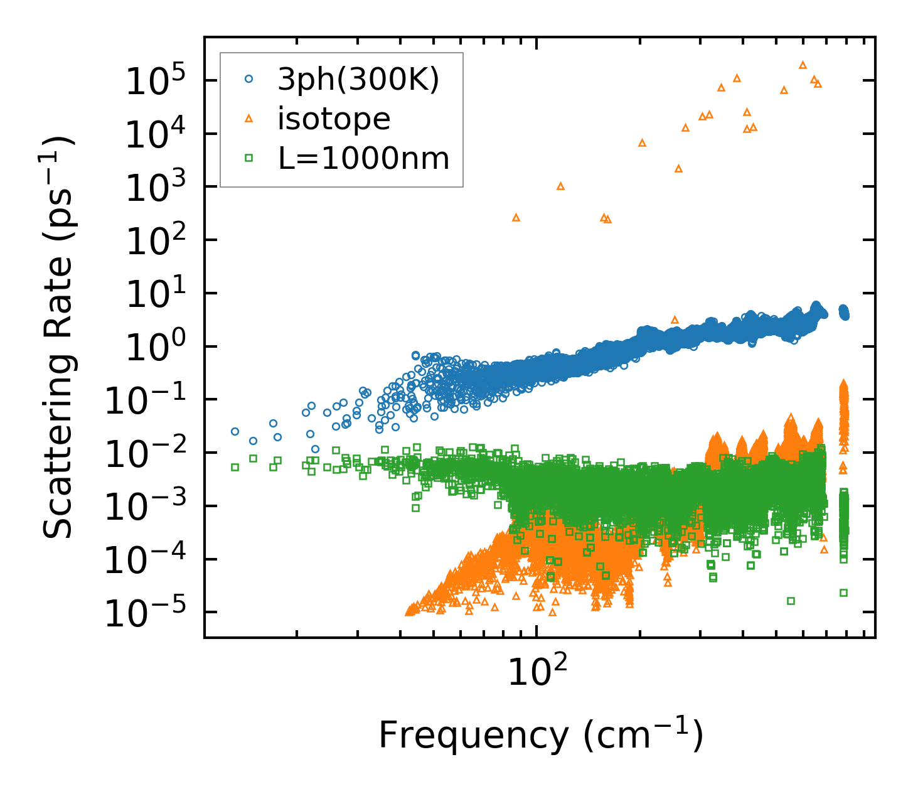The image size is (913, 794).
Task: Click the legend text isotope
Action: pyautogui.click(x=334, y=119)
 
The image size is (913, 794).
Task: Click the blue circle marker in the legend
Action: pyautogui.click(x=249, y=79)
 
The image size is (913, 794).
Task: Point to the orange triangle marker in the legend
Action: pyautogui.click(x=249, y=119)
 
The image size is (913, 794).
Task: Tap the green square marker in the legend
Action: pyautogui.click(x=249, y=158)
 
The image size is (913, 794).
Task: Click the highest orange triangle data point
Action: pyautogui.click(x=803, y=65)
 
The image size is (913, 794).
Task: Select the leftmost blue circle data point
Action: pyautogui.click(x=235, y=431)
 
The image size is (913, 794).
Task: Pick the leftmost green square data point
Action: pyautogui.click(x=235, y=467)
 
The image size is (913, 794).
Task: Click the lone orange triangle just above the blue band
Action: pyautogui.click(x=675, y=319)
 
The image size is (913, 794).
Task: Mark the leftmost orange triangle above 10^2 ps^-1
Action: pyautogui.click(x=516, y=217)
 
